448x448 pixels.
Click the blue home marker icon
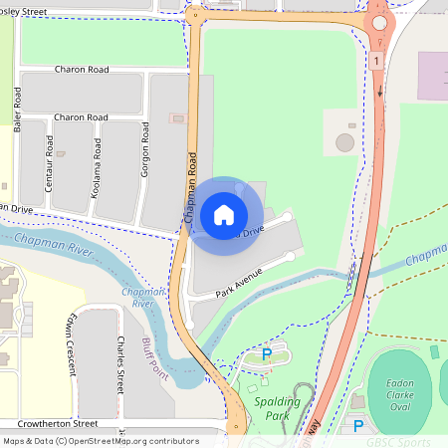pyautogui.click(x=224, y=215)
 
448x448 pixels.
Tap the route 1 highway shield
pyautogui.click(x=377, y=62)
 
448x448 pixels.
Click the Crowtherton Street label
pyautogui.click(x=56, y=423)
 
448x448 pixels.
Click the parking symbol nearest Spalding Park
pyautogui.click(x=266, y=353)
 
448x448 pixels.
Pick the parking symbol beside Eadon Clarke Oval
pyautogui.click(x=358, y=426)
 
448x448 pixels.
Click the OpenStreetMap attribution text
pyautogui.click(x=101, y=441)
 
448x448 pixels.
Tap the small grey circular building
pyautogui.click(x=344, y=142)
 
